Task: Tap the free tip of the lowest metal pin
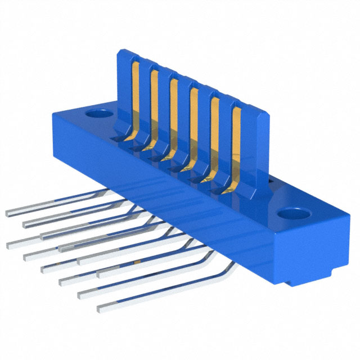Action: [101, 308]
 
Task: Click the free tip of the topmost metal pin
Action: [8, 214]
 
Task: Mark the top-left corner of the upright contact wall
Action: [119, 51]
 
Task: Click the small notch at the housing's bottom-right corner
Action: [289, 282]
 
